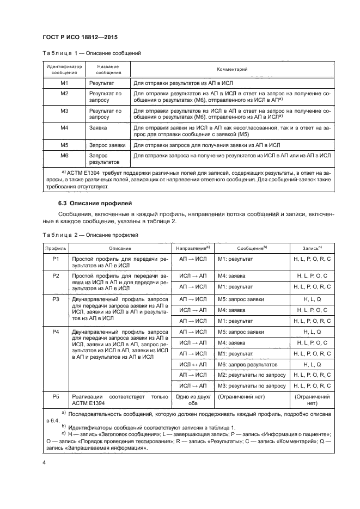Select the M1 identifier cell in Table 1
tap(64, 83)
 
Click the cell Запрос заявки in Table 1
tap(107, 145)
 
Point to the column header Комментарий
tap(233, 70)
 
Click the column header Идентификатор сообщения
tap(64, 70)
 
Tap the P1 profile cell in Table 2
tap(55, 259)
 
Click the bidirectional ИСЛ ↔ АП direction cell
tap(193, 364)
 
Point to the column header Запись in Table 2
tap(316, 248)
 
